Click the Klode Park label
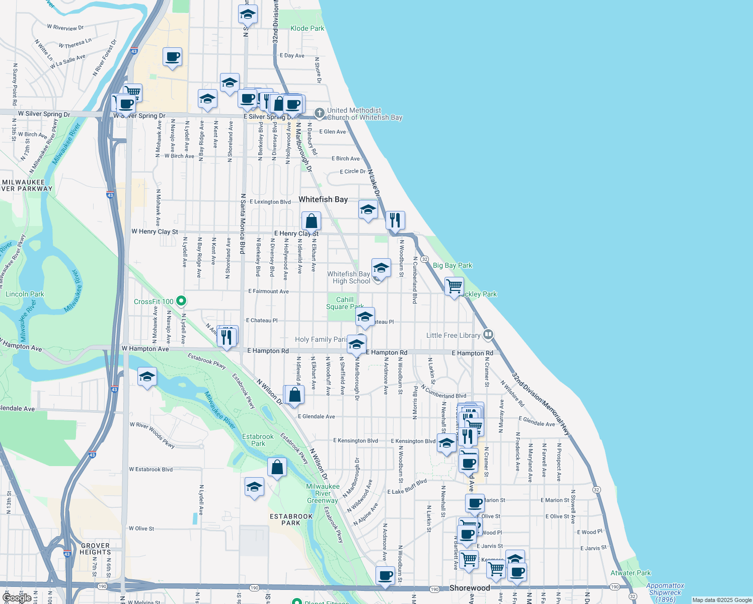(x=307, y=28)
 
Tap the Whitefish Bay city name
(x=323, y=199)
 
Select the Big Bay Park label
(x=453, y=265)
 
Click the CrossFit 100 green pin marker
(x=182, y=301)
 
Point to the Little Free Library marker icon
(x=488, y=335)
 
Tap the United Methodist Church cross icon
(x=319, y=113)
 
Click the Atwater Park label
(x=630, y=573)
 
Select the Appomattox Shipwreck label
(x=665, y=592)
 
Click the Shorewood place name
(x=469, y=588)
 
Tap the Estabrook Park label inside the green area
(x=258, y=440)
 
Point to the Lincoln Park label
(x=25, y=294)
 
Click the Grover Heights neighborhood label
(x=95, y=549)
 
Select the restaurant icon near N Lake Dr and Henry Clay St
(x=395, y=220)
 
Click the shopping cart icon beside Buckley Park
(x=454, y=286)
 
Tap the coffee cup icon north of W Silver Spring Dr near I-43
(x=172, y=57)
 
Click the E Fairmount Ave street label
(x=268, y=291)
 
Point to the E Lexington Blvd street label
(x=270, y=202)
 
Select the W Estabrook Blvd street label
(x=150, y=469)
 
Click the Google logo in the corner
(x=18, y=597)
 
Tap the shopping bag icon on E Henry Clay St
(x=311, y=221)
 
